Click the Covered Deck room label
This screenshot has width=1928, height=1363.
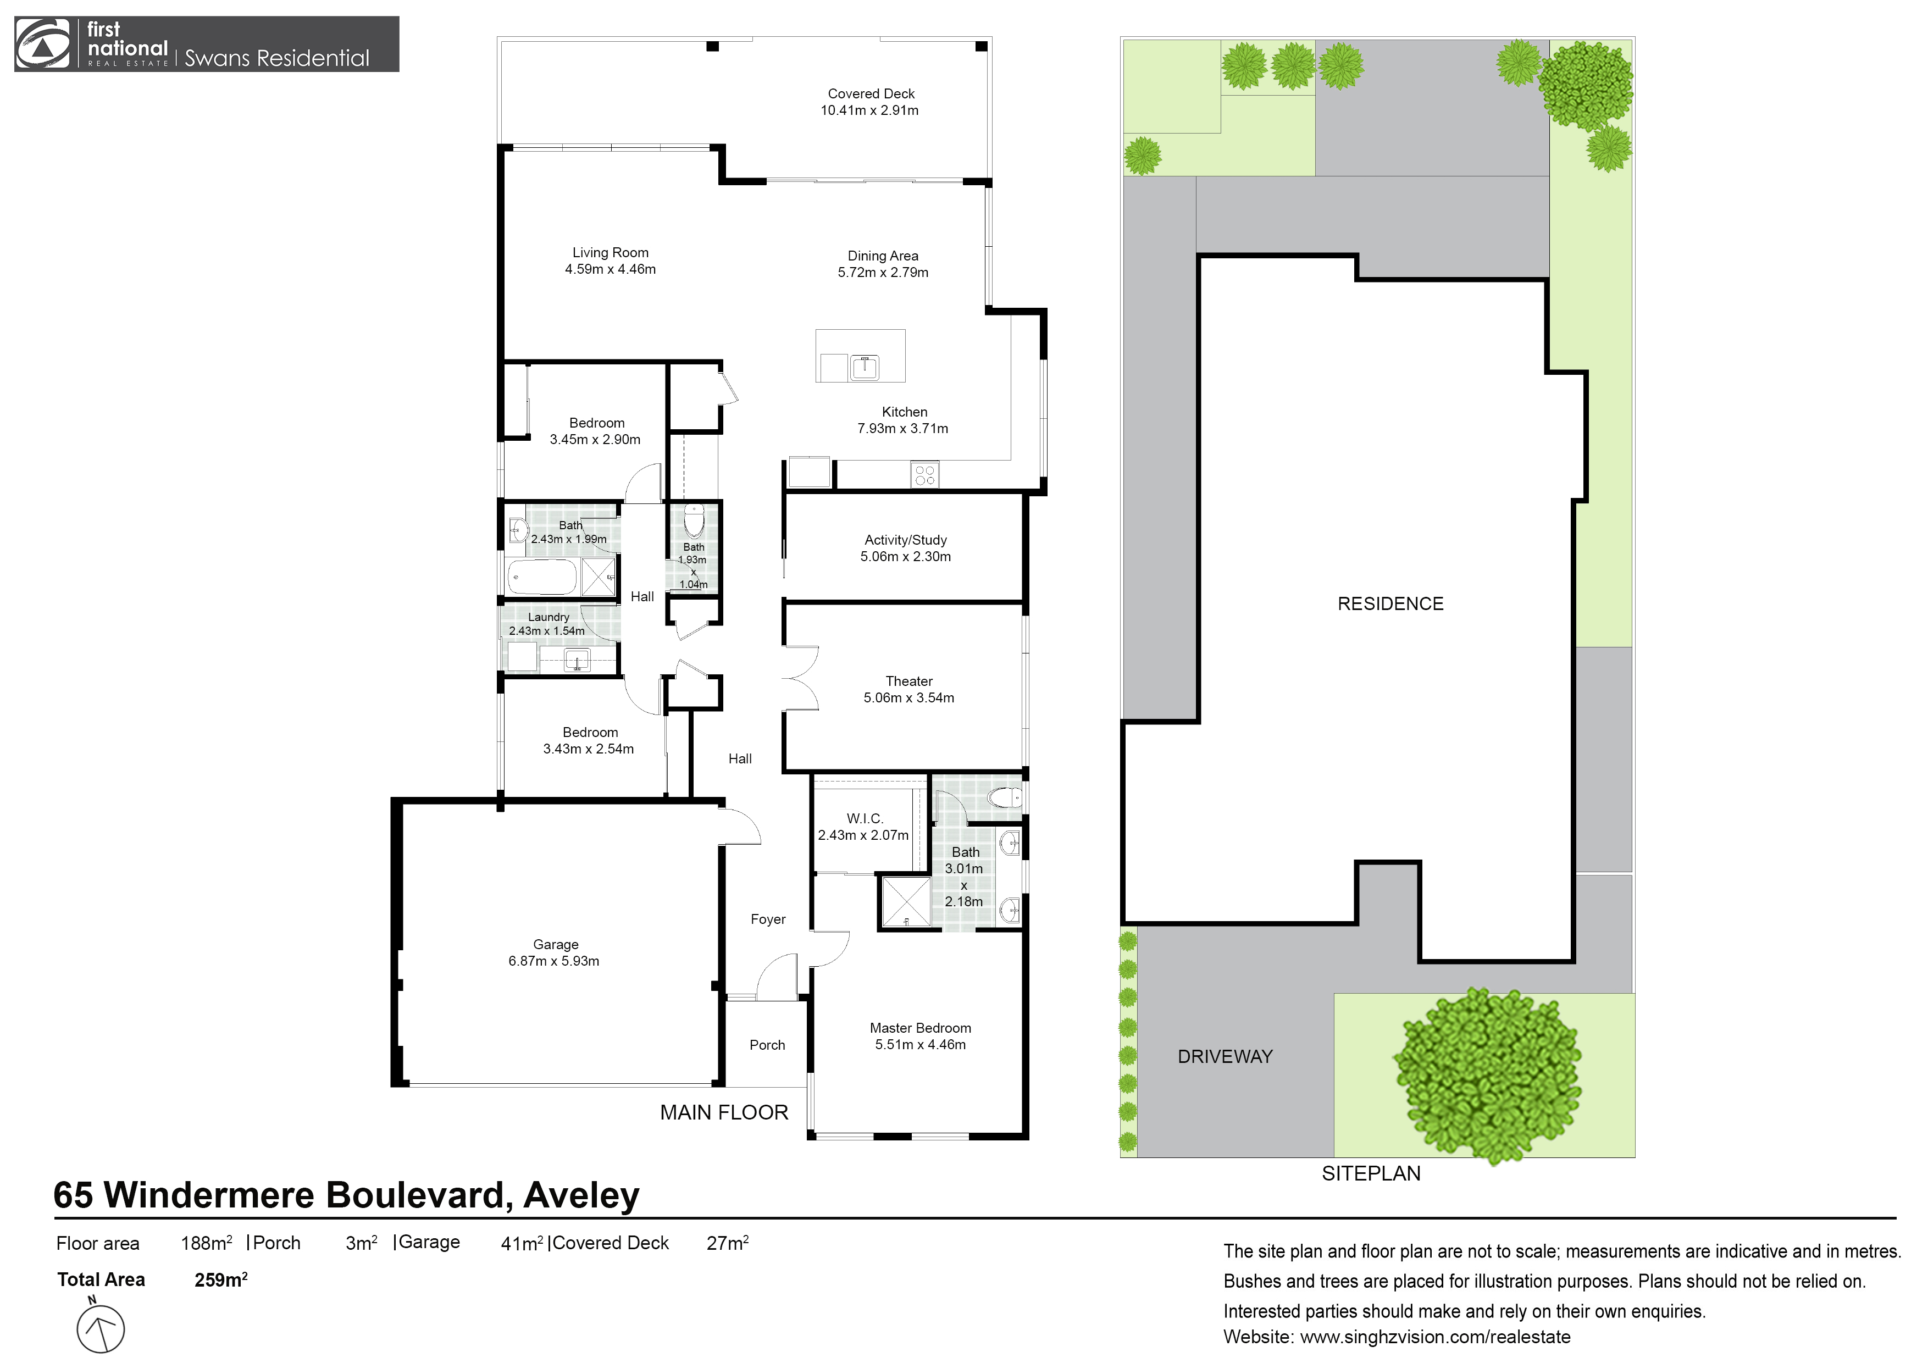pos(871,93)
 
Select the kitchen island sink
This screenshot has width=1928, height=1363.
pos(864,368)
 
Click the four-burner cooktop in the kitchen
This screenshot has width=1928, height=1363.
pos(924,475)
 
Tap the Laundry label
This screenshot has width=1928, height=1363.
pos(549,617)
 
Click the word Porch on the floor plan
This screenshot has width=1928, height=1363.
pos(767,1045)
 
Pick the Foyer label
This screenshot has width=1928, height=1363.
pos(767,919)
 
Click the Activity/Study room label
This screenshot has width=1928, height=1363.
pos(905,540)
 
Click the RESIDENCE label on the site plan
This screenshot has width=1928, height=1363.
pos(1390,604)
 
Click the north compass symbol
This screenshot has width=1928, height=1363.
pos(101,1328)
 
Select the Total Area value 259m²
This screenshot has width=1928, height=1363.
pos(220,1281)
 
